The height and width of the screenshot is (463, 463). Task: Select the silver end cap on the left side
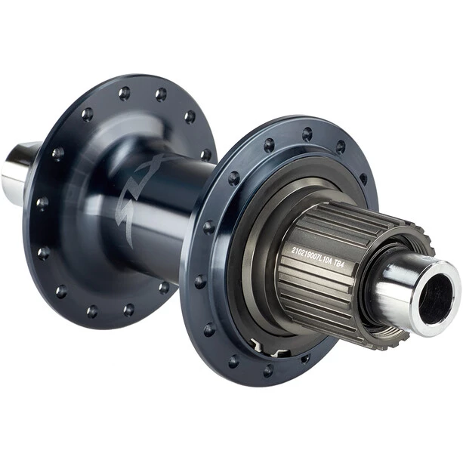[x=17, y=171]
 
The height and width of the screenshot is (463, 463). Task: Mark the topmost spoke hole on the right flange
[x=307, y=134]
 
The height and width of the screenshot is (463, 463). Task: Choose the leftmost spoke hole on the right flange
[x=200, y=281]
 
